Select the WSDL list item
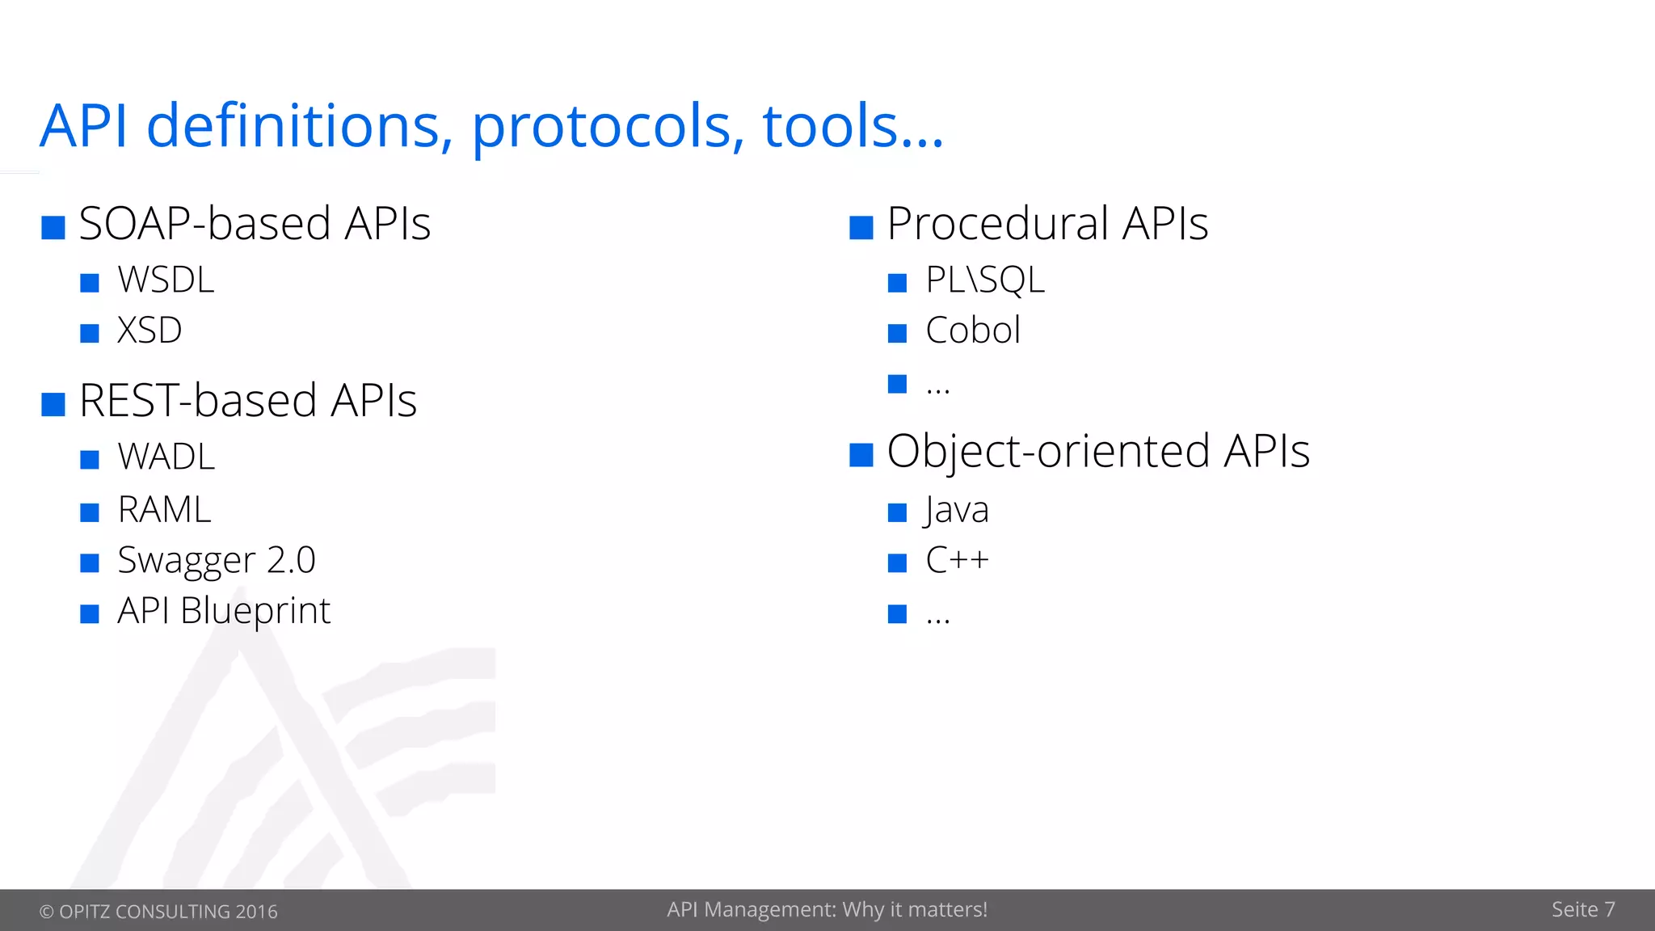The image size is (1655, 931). click(166, 280)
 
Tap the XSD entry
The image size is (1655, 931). click(149, 331)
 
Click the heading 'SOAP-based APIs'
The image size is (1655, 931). click(255, 224)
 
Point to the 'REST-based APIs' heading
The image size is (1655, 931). click(247, 401)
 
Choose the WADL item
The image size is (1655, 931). click(166, 457)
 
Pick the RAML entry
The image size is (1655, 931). click(164, 510)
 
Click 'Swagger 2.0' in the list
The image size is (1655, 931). click(216, 560)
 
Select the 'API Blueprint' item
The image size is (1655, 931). click(224, 611)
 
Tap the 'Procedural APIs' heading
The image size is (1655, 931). click(1047, 224)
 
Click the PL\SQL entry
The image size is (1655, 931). click(985, 280)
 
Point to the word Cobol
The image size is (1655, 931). click(973, 331)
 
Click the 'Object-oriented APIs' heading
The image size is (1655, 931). click(1097, 451)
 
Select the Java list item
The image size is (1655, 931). click(957, 510)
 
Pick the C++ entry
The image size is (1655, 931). click(957, 560)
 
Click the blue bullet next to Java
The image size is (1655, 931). click(897, 513)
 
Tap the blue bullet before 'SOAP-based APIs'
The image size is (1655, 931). click(53, 228)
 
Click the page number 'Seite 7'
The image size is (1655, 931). click(1582, 910)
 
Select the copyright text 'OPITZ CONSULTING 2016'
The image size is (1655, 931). click(167, 912)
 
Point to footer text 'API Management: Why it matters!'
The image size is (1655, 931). click(827, 910)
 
